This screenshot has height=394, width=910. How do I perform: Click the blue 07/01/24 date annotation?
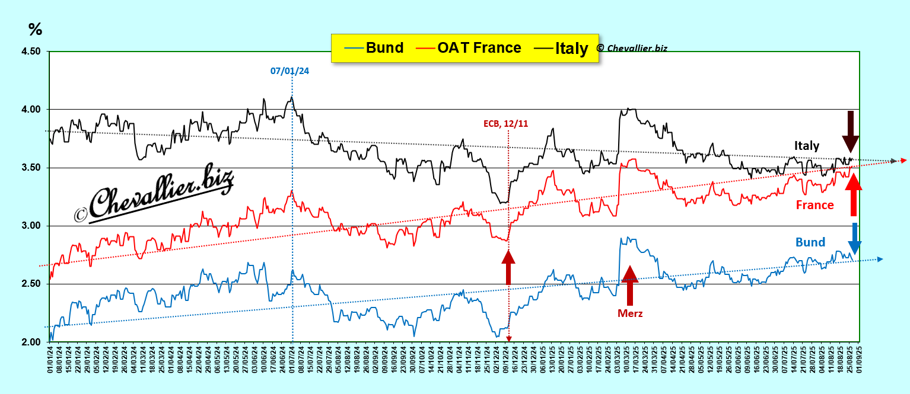click(289, 71)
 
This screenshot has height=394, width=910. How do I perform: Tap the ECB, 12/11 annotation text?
click(506, 123)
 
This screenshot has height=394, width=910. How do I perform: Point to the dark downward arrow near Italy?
click(850, 132)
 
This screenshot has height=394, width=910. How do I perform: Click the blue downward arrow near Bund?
click(855, 238)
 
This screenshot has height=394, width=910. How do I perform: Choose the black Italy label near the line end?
click(807, 146)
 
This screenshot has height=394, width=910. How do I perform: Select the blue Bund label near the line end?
click(810, 242)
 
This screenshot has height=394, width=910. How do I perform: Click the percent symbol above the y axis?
click(35, 30)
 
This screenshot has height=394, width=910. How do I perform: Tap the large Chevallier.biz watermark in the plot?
click(154, 194)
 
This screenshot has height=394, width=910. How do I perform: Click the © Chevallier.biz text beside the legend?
click(631, 48)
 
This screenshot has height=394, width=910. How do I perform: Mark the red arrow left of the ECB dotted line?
click(508, 267)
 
